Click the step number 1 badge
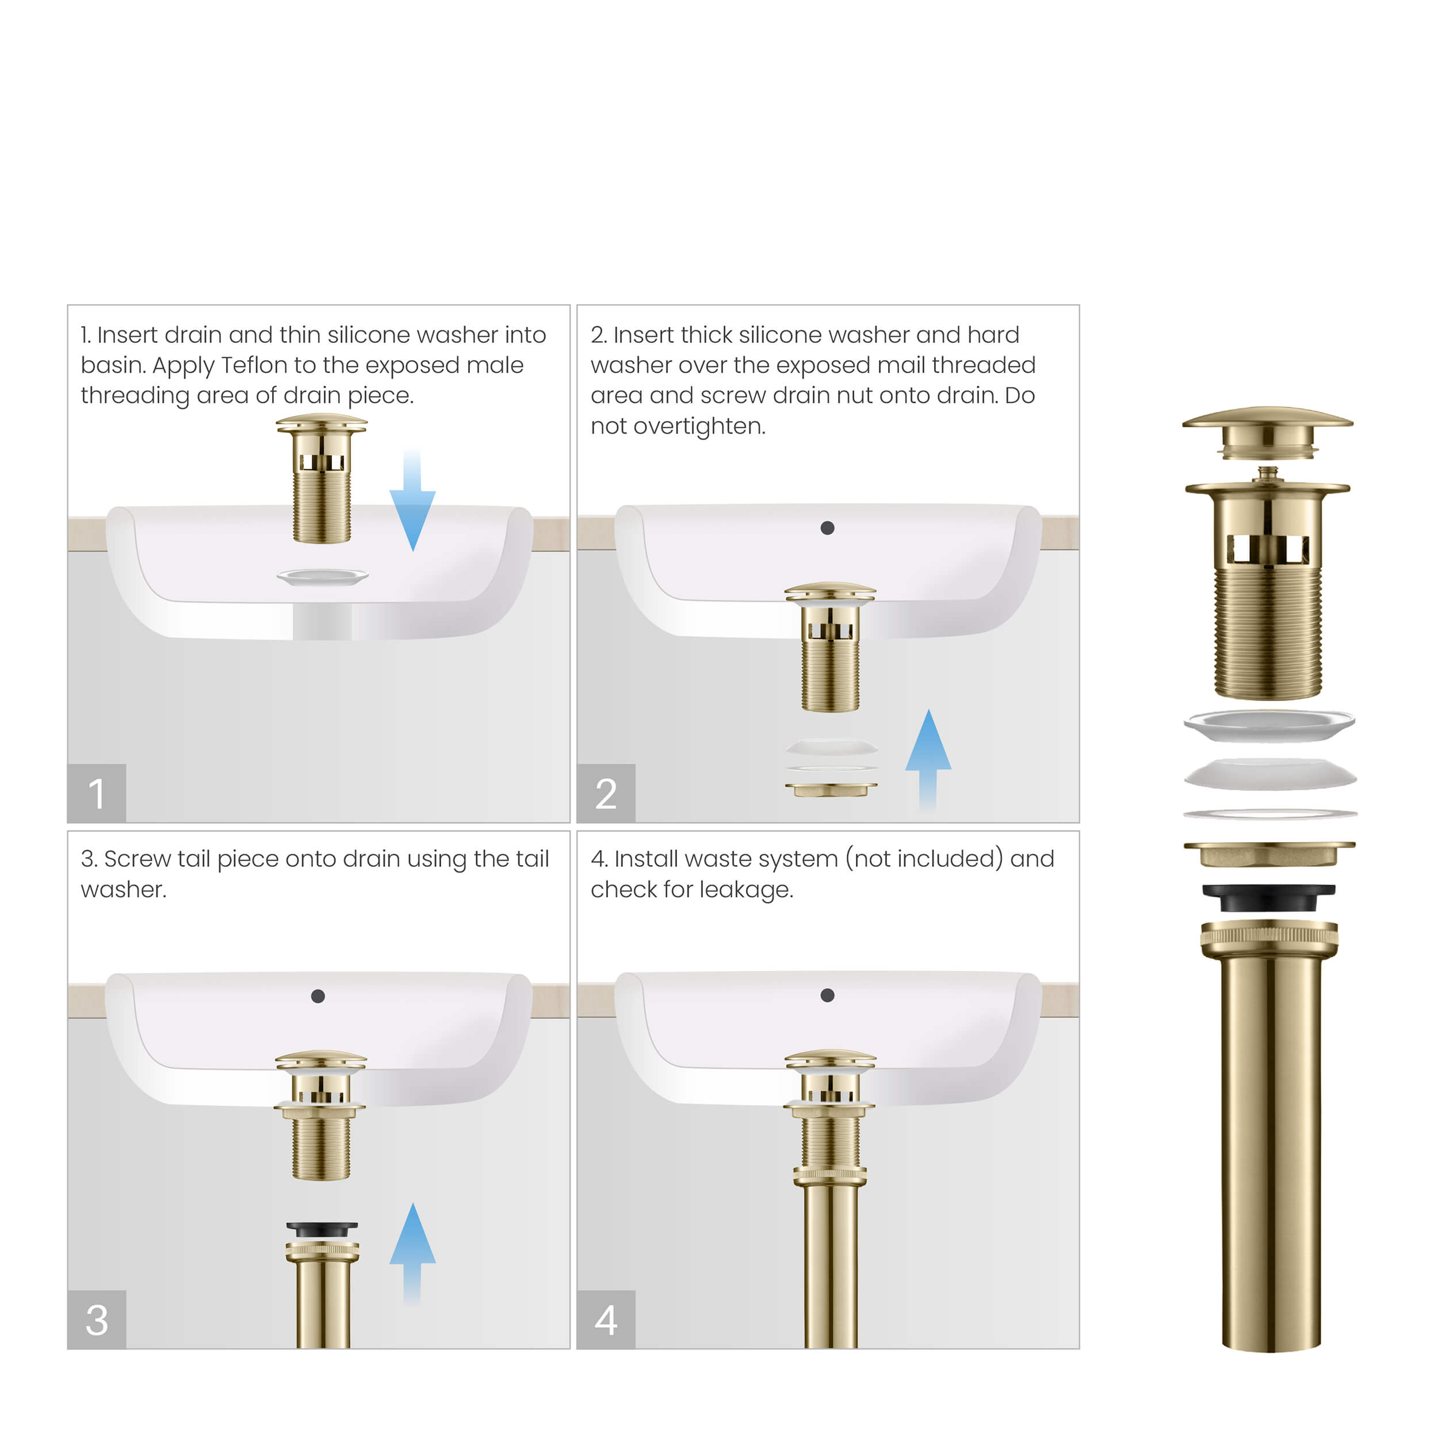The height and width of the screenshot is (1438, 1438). [x=96, y=793]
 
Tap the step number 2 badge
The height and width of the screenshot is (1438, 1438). [x=606, y=793]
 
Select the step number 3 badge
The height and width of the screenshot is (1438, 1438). [x=96, y=1320]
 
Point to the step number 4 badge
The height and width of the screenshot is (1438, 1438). [x=606, y=1320]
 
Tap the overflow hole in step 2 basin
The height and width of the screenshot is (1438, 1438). [x=827, y=527]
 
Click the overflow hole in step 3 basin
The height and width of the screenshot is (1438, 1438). [x=318, y=996]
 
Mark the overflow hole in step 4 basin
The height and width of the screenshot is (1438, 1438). [x=827, y=995]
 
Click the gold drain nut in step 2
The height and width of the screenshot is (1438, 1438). [x=831, y=789]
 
